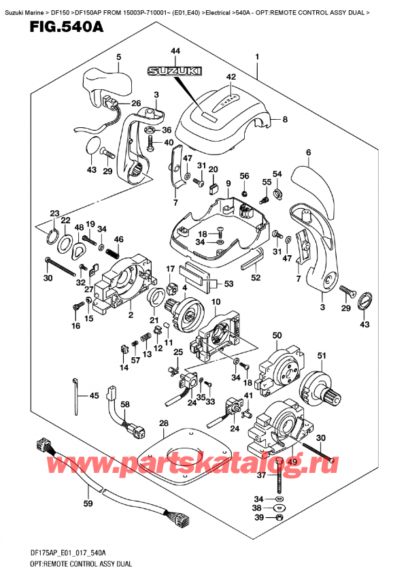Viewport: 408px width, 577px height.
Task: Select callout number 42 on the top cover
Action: pyautogui.click(x=231, y=77)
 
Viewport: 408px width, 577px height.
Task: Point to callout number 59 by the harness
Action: pyautogui.click(x=87, y=504)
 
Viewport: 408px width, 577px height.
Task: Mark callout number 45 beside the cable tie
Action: pyautogui.click(x=93, y=396)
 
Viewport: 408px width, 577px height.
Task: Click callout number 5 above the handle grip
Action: pyautogui.click(x=118, y=57)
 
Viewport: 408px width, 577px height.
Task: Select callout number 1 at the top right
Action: pyautogui.click(x=257, y=57)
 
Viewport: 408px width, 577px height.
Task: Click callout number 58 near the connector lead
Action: pyautogui.click(x=124, y=405)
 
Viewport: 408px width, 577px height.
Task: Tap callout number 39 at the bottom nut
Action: pyautogui.click(x=277, y=518)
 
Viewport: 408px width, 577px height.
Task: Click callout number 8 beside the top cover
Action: pyautogui.click(x=284, y=120)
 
